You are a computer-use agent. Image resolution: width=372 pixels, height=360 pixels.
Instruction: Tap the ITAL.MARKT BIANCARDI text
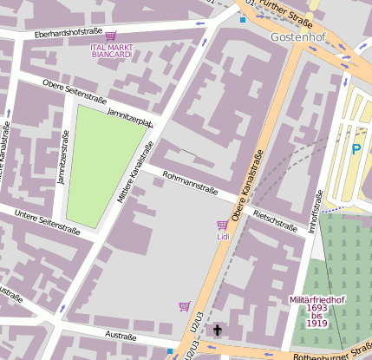tap(111, 50)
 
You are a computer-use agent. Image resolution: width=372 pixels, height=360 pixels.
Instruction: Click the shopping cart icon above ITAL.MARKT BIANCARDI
tap(111, 36)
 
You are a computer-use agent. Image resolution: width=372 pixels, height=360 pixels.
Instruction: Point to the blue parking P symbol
tap(356, 149)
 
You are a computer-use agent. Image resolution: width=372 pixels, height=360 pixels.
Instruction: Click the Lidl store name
tap(222, 235)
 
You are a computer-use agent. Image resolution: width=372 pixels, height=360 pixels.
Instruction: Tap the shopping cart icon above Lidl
tap(222, 225)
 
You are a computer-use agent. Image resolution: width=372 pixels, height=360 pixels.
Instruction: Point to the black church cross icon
tap(217, 331)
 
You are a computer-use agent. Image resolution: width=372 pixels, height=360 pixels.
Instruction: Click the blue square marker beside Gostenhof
tap(243, 19)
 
